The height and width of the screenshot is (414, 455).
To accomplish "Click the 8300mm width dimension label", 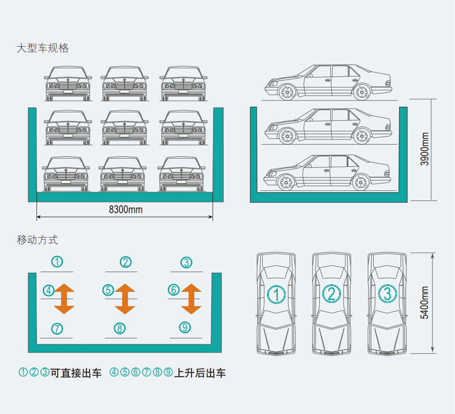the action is tap(126, 209).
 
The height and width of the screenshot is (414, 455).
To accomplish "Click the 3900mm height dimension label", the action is tap(425, 149).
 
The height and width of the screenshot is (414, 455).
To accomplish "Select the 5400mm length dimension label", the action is tap(425, 302).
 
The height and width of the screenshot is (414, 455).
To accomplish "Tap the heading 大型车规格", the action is tap(43, 48).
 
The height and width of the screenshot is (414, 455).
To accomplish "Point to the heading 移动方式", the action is tap(38, 239).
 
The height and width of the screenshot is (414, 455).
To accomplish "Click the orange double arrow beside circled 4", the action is tap(64, 299).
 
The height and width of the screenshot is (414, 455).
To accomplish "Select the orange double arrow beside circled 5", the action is tap(125, 299).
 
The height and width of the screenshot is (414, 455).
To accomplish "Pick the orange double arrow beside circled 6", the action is tap(191, 299).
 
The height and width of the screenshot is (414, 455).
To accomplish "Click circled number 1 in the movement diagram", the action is tap(57, 262).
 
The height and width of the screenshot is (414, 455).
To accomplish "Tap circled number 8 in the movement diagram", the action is tap(120, 328).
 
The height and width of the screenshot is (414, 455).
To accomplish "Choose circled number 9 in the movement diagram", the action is tap(185, 327).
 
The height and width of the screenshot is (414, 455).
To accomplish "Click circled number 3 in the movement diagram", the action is tap(186, 263).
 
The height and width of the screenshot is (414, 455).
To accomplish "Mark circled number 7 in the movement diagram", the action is tap(57, 329).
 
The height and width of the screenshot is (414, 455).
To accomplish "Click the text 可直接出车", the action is tap(76, 373).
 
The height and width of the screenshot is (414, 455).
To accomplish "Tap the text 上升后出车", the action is tap(200, 373).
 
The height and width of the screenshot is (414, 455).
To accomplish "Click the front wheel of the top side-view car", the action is tap(287, 92).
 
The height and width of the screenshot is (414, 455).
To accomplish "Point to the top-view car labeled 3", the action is tap(387, 303).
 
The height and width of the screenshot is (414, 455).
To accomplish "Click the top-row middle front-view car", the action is tap(125, 84).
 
